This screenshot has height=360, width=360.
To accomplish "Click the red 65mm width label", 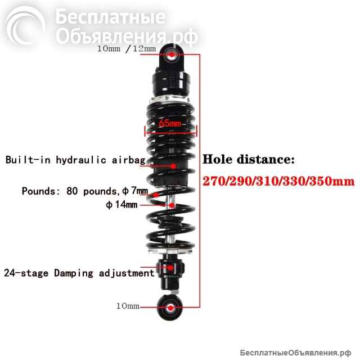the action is (x=170, y=123).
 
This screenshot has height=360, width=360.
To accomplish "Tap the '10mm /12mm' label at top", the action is (x=127, y=49).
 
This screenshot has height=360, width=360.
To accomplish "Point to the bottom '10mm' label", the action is (x=128, y=306).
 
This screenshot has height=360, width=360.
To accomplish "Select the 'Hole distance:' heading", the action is (x=249, y=159).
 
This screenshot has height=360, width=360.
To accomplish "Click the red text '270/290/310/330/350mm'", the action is (x=278, y=181).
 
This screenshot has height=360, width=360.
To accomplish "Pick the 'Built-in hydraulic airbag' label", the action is (x=75, y=160).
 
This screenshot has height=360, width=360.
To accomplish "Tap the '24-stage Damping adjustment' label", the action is (x=79, y=273).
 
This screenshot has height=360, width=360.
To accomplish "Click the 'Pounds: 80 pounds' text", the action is (x=69, y=191).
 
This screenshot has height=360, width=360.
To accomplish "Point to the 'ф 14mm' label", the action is (x=121, y=204).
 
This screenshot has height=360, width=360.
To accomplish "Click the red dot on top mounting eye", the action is (x=172, y=55).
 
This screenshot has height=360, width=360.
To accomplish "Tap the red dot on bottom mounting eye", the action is (x=170, y=308).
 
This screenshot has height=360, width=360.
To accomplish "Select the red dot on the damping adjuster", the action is (x=170, y=268).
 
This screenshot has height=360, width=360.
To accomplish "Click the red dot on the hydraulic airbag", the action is (x=173, y=166).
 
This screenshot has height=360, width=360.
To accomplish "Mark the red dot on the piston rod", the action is (x=172, y=205).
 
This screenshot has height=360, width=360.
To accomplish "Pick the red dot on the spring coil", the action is (x=156, y=195).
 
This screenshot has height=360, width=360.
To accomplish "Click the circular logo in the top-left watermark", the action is (x=25, y=25).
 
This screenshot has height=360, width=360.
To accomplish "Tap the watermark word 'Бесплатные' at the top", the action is (x=110, y=16).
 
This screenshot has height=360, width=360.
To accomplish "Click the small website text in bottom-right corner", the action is (x=295, y=353).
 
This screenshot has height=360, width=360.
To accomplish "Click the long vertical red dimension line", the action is (x=200, y=181).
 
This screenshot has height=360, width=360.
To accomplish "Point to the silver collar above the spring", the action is (x=170, y=100).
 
